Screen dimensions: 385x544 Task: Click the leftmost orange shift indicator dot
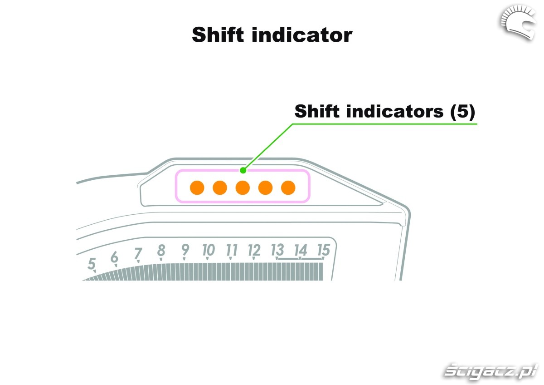pos(197,187)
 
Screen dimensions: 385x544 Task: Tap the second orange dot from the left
pos(220,187)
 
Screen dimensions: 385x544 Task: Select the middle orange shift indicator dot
pos(243,187)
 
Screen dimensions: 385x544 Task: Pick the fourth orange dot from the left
pos(265,187)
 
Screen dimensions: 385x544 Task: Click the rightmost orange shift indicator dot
pos(288,187)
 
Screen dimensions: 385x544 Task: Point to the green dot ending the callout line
pos(243,170)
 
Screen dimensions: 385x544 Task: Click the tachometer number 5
pos(92,264)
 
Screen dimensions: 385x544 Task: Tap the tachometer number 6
pos(115,257)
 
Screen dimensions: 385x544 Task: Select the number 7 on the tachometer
pos(138,253)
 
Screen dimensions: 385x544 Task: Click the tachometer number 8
pos(161,250)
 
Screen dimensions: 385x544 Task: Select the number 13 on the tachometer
pos(277,250)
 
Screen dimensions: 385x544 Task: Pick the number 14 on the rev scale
pos(300,250)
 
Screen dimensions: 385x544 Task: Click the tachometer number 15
pos(323,250)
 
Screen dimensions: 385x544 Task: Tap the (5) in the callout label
pos(462,111)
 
